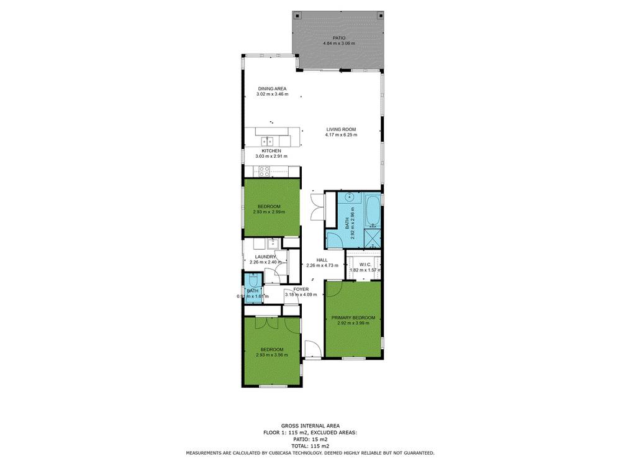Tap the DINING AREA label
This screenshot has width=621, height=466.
click(x=272, y=89)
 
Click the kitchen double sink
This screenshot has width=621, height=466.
click(x=268, y=141)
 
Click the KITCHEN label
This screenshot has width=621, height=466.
click(x=271, y=151)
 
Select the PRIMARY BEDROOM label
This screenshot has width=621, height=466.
click(x=353, y=318)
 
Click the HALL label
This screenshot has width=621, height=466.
click(x=322, y=260)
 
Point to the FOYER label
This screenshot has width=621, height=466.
click(x=301, y=290)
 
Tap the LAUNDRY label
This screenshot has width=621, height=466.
click(x=265, y=257)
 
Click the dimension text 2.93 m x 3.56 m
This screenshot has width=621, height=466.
click(x=272, y=355)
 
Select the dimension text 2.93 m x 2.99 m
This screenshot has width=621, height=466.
click(x=269, y=212)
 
